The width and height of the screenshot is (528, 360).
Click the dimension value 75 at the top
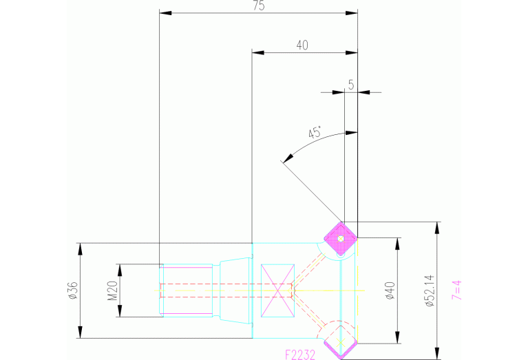point(259,6)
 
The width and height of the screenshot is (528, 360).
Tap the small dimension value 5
point(351,85)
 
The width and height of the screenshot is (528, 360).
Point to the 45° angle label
point(315,134)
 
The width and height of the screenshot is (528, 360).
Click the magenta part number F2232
point(302,354)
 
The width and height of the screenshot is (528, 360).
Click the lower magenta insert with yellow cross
point(339,341)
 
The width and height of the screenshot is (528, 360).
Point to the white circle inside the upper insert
point(341,240)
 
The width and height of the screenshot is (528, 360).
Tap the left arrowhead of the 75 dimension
point(164,12)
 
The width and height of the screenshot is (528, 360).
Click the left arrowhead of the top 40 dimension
point(257,52)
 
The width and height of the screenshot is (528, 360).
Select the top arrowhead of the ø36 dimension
point(81,246)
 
